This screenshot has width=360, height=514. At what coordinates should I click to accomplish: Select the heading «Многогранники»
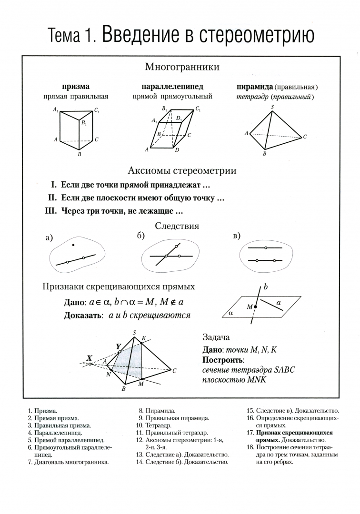click(182, 67)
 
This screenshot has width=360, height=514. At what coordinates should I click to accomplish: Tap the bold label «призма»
click(76, 87)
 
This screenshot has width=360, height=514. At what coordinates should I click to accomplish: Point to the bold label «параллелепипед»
click(172, 87)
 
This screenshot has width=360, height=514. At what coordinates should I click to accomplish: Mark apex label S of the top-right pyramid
click(272, 107)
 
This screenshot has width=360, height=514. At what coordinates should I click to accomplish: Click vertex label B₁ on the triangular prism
click(84, 123)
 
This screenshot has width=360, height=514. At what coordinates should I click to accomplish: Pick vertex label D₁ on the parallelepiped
click(179, 118)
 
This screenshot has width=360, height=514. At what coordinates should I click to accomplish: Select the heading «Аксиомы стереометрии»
click(182, 171)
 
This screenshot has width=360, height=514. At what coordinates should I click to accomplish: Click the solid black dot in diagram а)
click(73, 245)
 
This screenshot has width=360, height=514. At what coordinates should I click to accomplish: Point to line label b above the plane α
click(266, 287)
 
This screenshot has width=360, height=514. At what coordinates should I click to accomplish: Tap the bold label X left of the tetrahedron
click(89, 357)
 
